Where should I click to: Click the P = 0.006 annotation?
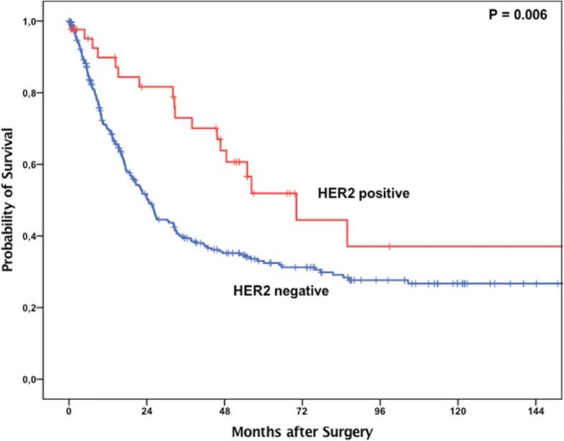(x=517, y=14)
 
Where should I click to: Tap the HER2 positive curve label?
(x=363, y=193)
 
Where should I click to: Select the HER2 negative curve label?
(x=281, y=291)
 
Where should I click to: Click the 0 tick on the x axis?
(x=69, y=411)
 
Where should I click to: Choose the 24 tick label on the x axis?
(x=146, y=411)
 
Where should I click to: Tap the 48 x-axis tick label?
(x=224, y=411)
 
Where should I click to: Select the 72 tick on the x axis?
(x=302, y=411)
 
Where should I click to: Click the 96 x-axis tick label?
(x=381, y=411)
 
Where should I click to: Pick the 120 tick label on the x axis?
(x=458, y=411)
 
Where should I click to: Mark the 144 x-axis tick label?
(x=536, y=411)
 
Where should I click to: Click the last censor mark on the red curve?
(x=389, y=246)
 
